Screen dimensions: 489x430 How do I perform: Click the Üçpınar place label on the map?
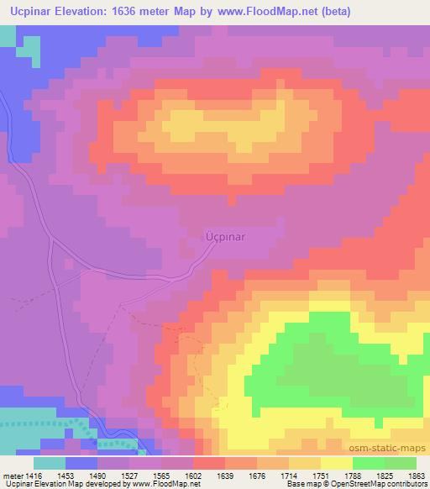(x=226, y=237)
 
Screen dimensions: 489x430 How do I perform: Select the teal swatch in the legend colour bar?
(x=50, y=463)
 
